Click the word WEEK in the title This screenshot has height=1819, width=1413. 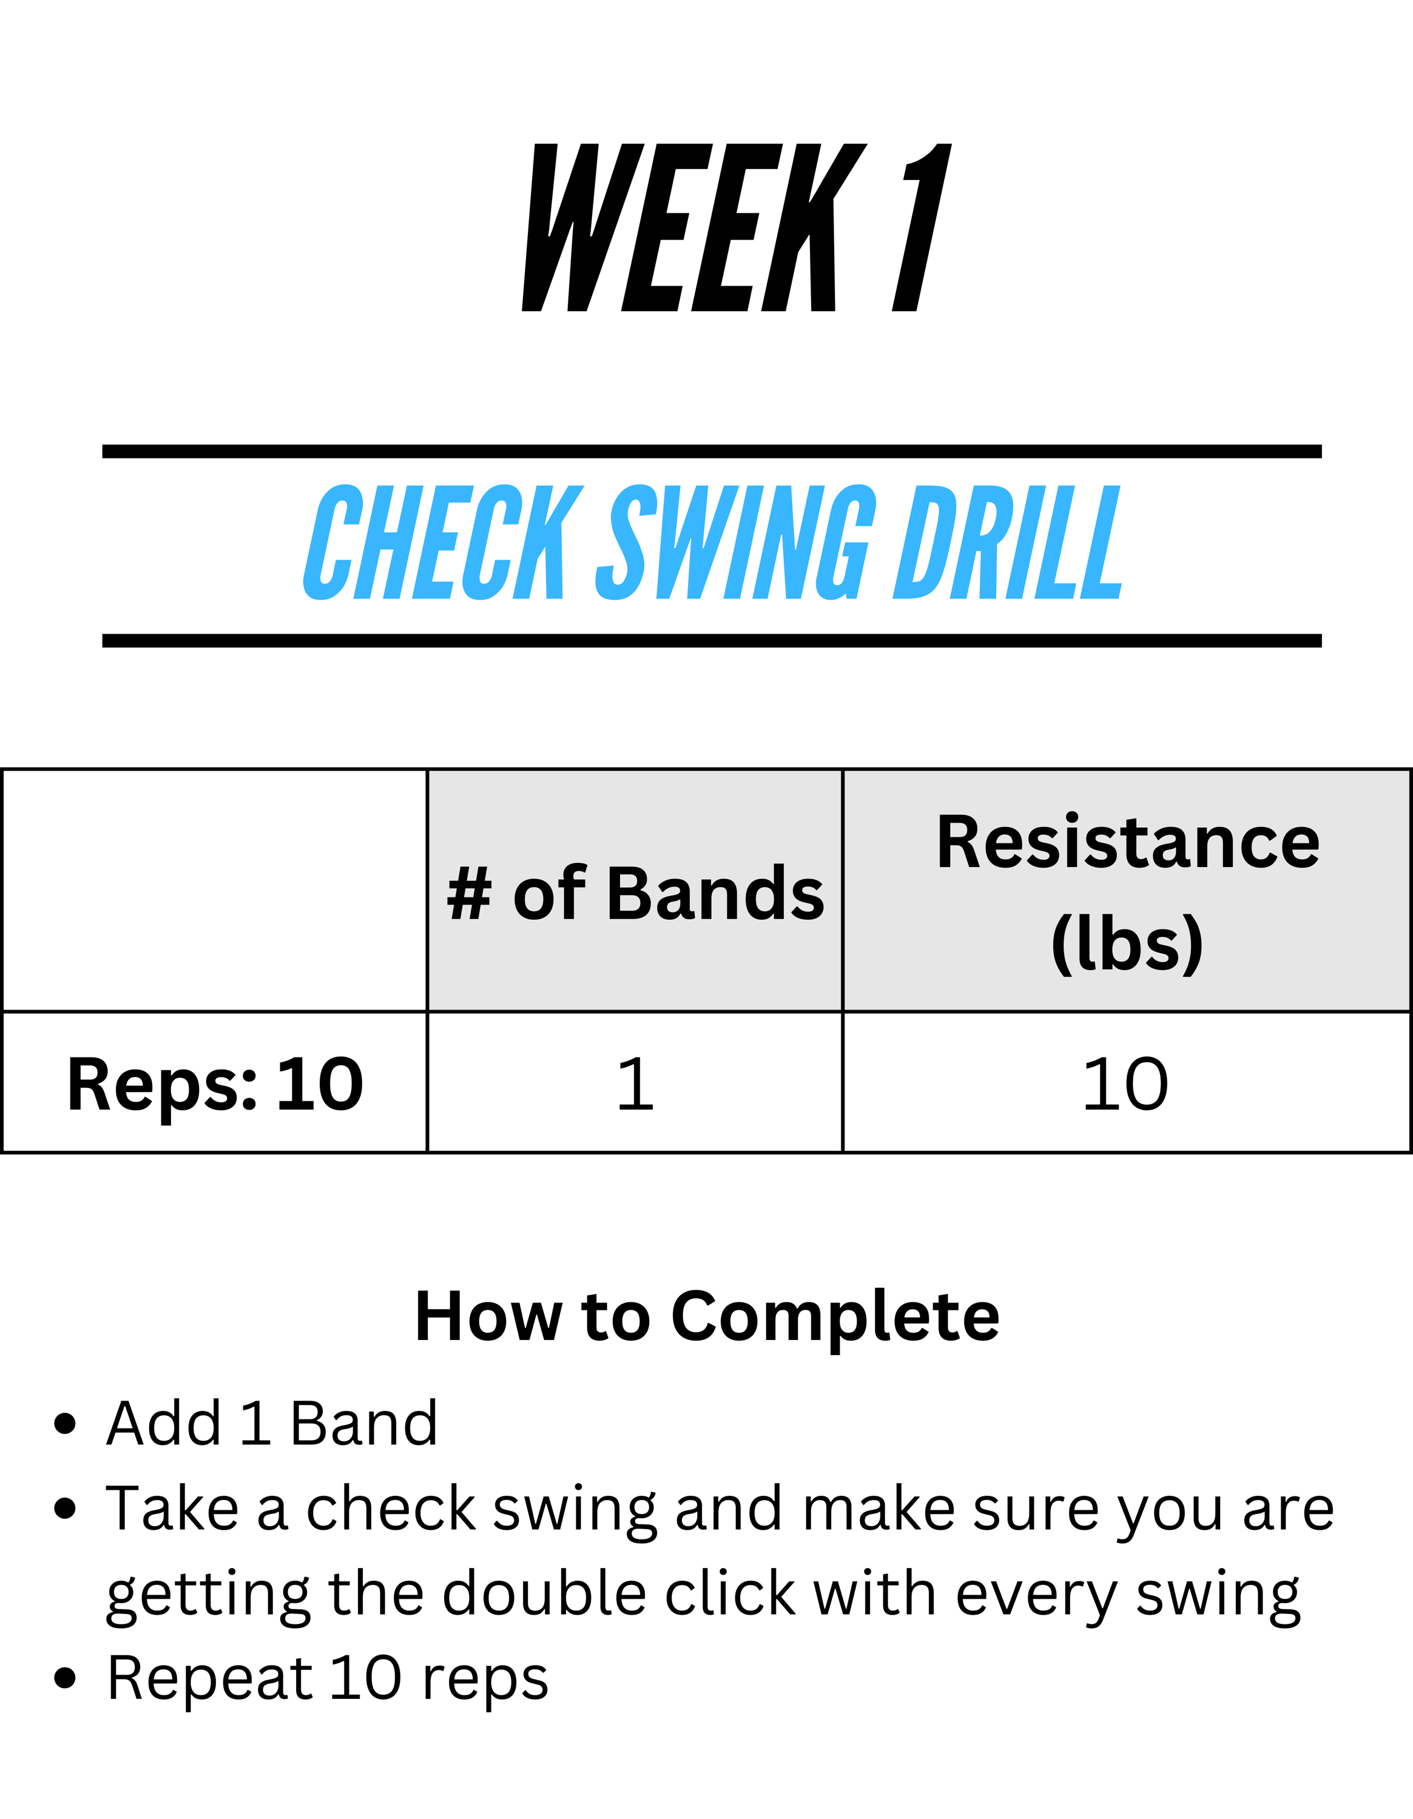click(x=694, y=227)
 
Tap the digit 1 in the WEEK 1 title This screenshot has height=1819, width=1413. click(x=922, y=227)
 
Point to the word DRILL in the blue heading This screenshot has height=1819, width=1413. click(x=1007, y=542)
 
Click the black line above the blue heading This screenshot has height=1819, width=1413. click(x=712, y=452)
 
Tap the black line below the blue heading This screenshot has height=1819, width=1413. click(x=712, y=640)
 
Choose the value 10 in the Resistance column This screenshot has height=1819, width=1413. click(x=1125, y=1084)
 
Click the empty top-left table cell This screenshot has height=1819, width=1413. click(x=215, y=890)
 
